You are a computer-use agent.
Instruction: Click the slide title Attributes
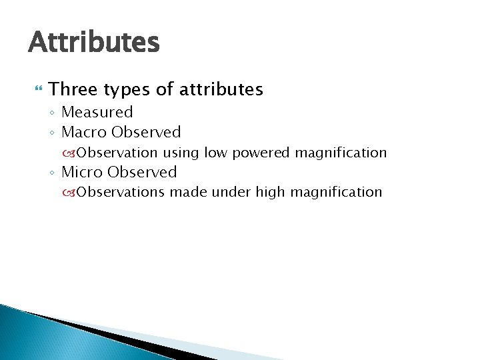94,42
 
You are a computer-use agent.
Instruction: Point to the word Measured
97,112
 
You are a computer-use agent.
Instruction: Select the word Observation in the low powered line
117,153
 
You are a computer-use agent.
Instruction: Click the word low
215,153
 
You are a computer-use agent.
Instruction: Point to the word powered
261,153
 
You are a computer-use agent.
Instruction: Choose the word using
181,153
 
